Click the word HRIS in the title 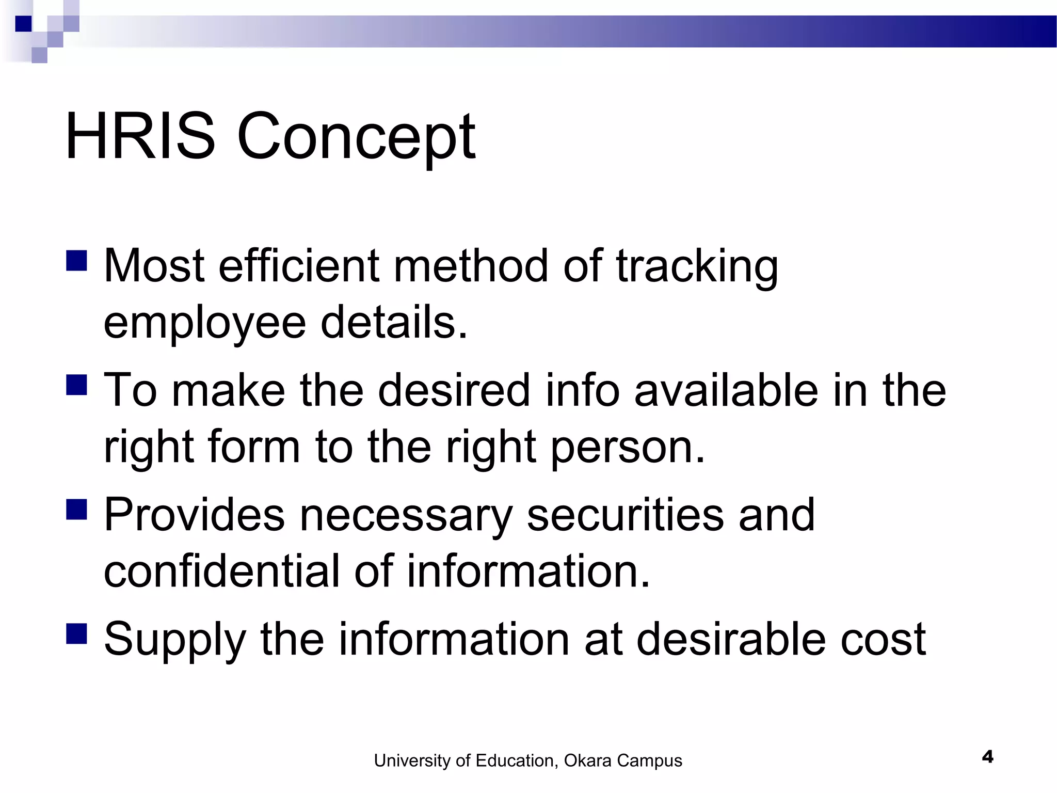click(140, 136)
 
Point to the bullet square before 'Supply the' click(76, 633)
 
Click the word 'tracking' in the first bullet click(697, 267)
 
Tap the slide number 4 click(987, 757)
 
